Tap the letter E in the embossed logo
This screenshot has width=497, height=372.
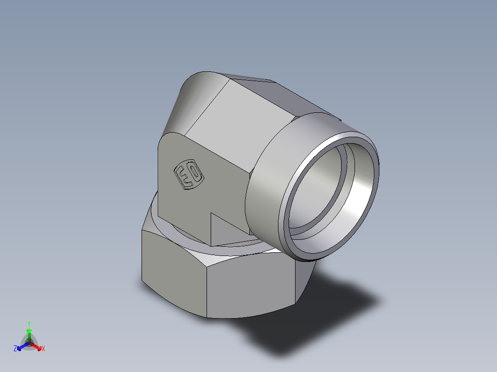pos(183,177)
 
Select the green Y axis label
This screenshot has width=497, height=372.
pos(29,324)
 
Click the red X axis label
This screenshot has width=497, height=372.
pos(43,349)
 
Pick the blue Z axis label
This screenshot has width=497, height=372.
pos(15,349)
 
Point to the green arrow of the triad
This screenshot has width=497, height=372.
pos(29,333)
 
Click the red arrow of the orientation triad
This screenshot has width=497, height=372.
pos(37,346)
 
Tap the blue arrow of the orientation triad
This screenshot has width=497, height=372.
pos(21,346)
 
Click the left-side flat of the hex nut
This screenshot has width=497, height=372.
pos(173,272)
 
